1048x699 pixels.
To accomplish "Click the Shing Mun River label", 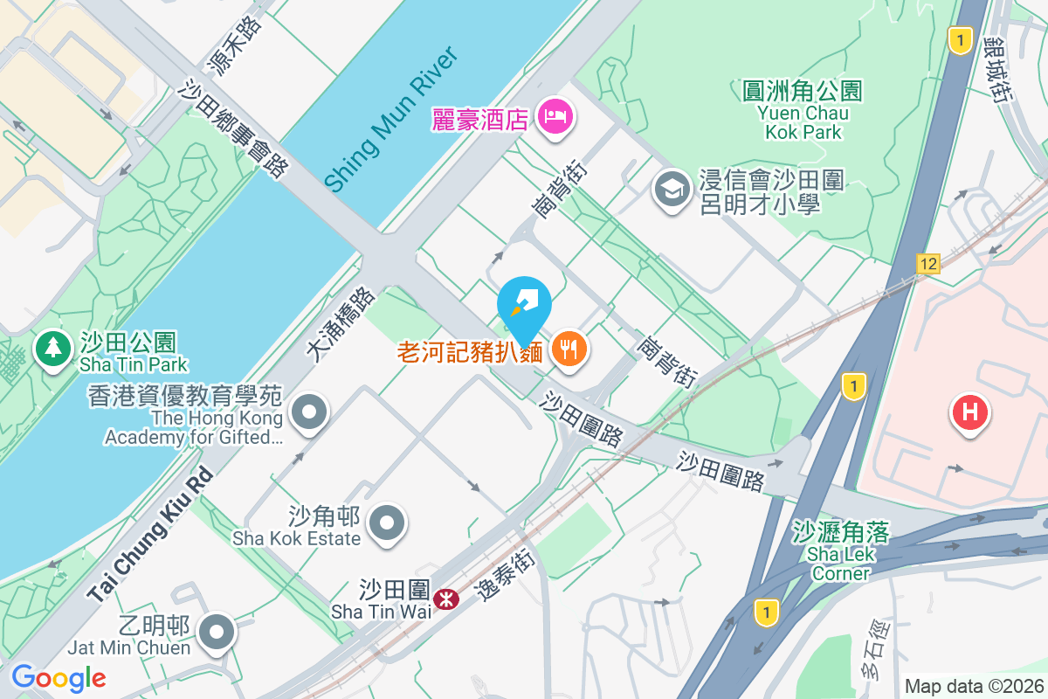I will (x=390, y=120).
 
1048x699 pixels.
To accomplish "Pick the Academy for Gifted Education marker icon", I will (x=308, y=413).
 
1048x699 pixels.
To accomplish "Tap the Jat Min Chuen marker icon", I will (x=216, y=633).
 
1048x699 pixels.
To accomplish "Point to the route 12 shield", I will (x=927, y=263).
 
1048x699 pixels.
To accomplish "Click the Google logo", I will (x=59, y=677).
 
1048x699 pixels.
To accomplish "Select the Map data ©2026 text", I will (x=973, y=686).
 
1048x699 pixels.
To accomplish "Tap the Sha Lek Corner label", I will (x=841, y=552).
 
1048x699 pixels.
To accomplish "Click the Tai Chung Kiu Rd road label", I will (x=149, y=536).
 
